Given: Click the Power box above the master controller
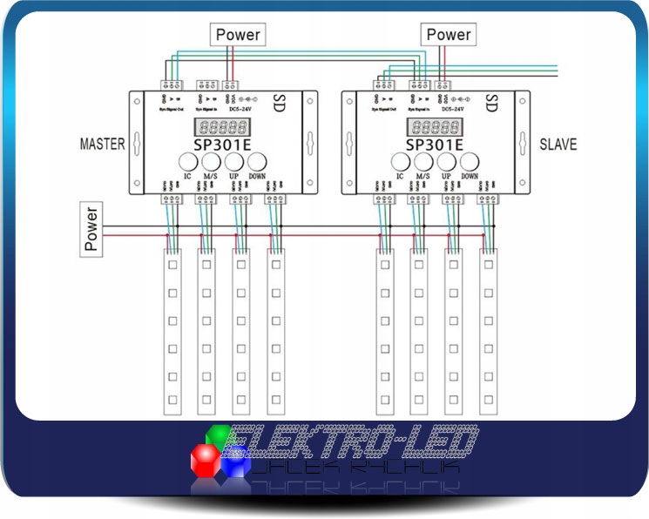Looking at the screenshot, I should (238, 35).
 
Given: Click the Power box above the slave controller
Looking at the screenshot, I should (448, 35).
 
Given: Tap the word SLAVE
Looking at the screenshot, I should (558, 144).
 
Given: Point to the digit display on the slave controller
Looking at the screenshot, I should (434, 126).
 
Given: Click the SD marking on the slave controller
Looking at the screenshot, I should (491, 102).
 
